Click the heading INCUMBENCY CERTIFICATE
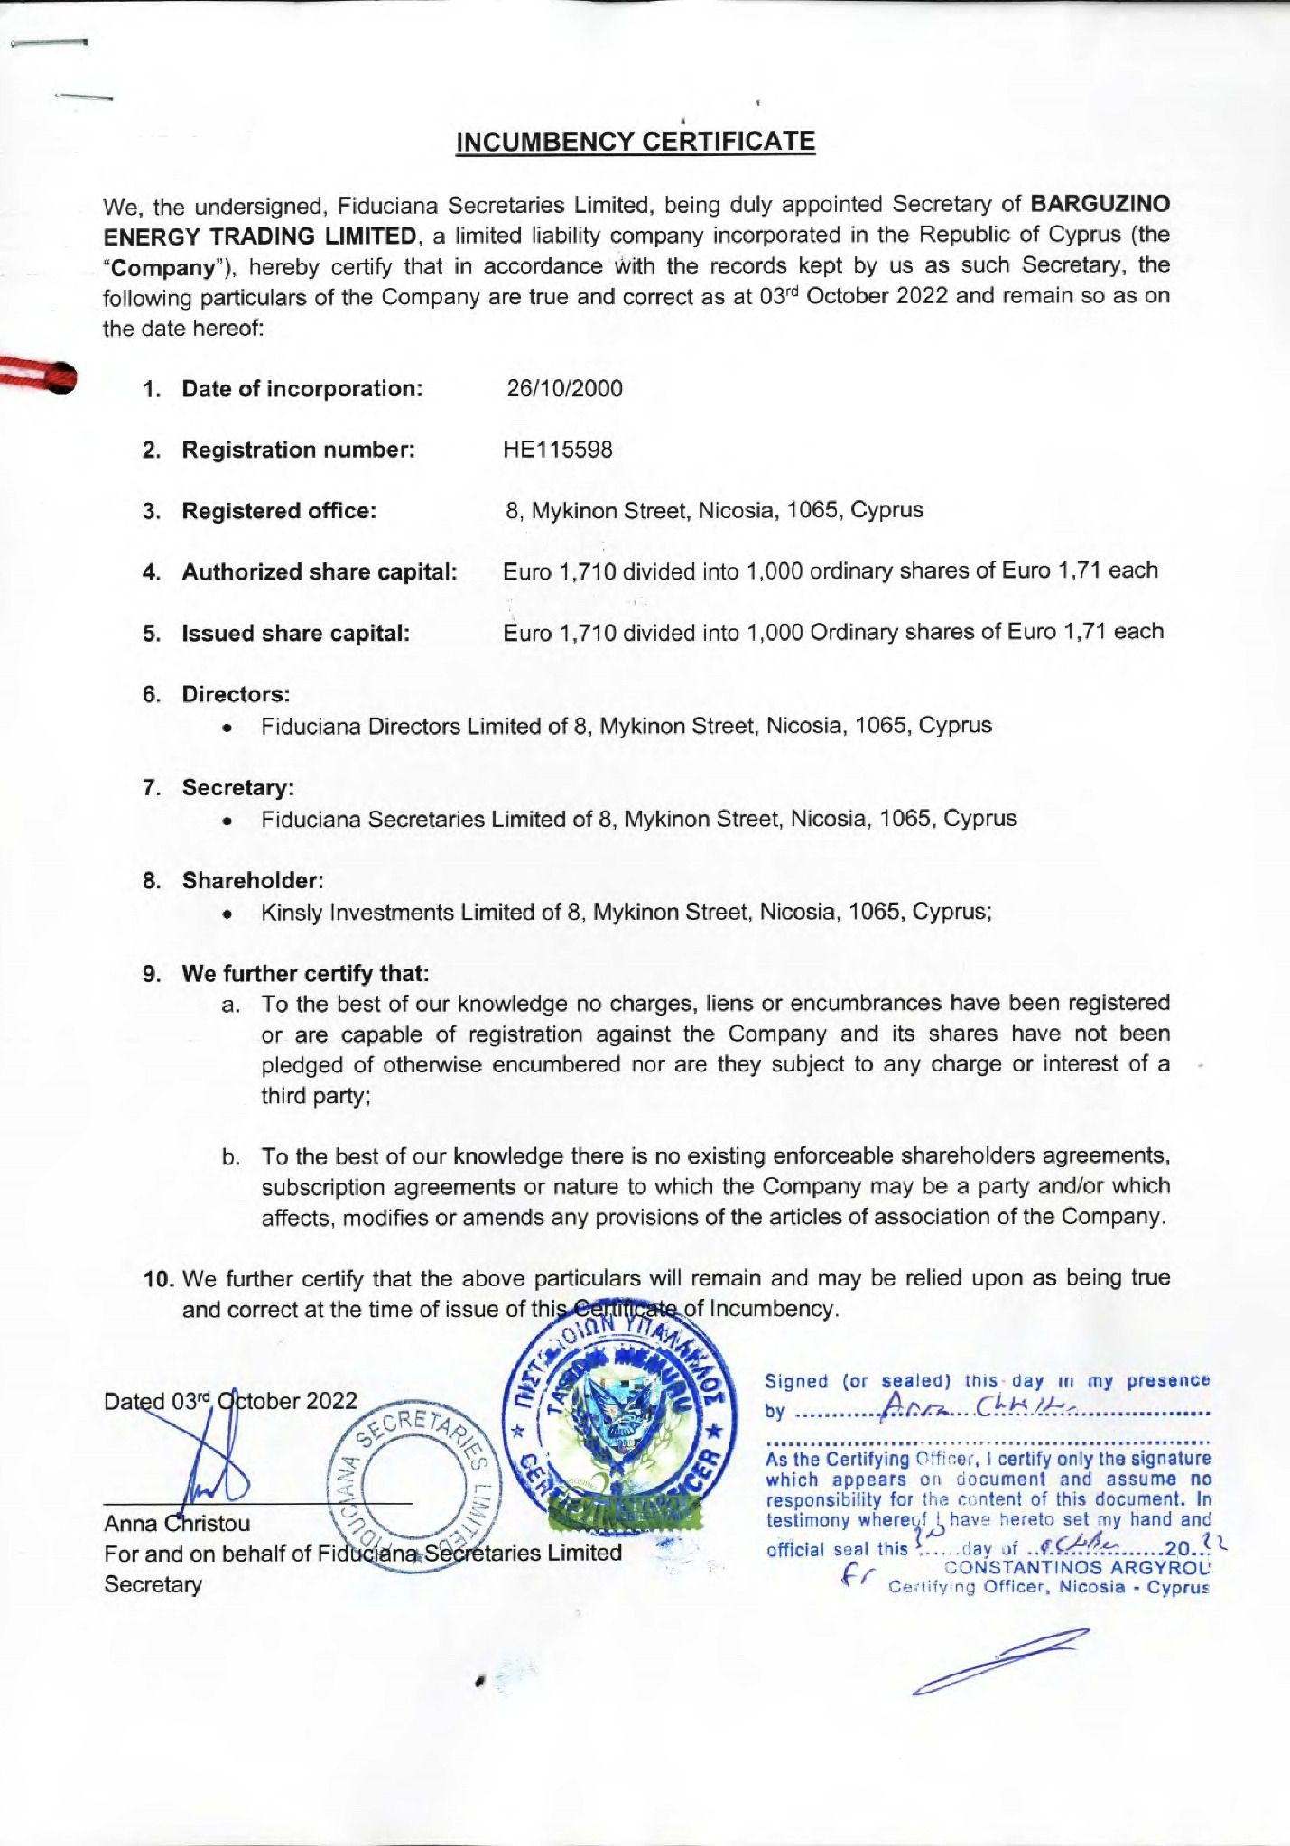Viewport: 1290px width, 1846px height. [x=636, y=142]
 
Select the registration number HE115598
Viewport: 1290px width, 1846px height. [x=558, y=450]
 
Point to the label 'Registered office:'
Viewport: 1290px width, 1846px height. [x=279, y=511]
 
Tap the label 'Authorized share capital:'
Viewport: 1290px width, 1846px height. [x=320, y=572]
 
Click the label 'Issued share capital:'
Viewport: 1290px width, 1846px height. [x=296, y=634]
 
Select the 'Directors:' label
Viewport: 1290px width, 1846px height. [x=236, y=694]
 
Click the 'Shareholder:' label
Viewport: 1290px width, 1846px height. [x=253, y=880]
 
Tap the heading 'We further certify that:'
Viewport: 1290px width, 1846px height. [x=305, y=974]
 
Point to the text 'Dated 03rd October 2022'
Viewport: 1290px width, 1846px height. [x=231, y=1402]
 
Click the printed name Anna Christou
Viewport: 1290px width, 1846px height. [x=177, y=1524]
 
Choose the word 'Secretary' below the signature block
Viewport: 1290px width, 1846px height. [x=153, y=1585]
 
